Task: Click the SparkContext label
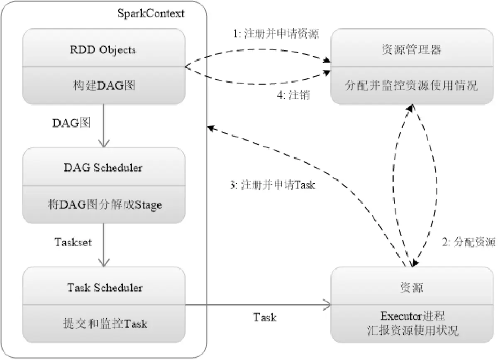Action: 151,13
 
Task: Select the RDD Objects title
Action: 103,50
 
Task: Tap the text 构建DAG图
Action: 103,86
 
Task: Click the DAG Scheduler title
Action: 103,168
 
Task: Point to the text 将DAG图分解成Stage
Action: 103,204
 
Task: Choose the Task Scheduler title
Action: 103,287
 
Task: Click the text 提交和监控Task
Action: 103,323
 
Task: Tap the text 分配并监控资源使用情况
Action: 411,86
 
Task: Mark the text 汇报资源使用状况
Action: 411,331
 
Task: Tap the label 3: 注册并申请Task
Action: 272,185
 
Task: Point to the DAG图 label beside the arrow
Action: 71,123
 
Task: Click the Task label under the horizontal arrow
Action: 265,318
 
